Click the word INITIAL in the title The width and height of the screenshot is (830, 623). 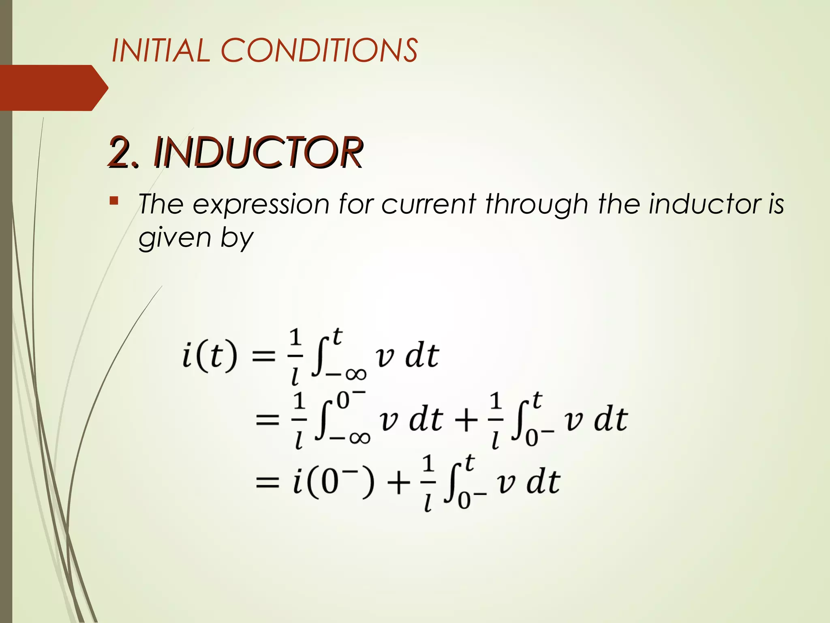pos(160,50)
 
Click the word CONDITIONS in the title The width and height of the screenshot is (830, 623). pos(319,50)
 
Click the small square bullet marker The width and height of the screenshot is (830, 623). pos(114,200)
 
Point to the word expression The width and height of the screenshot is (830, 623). pos(261,204)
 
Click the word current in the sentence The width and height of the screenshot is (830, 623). pos(428,204)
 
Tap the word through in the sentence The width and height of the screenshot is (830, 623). pos(537,204)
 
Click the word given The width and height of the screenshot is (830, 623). pos(174,238)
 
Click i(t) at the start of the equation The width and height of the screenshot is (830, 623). pos(209,356)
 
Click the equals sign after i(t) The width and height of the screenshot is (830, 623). pos(264,357)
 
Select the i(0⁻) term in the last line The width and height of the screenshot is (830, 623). pos(333,482)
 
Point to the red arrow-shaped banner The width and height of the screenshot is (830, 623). pos(53,88)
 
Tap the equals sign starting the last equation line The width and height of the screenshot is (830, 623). pos(267,483)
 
